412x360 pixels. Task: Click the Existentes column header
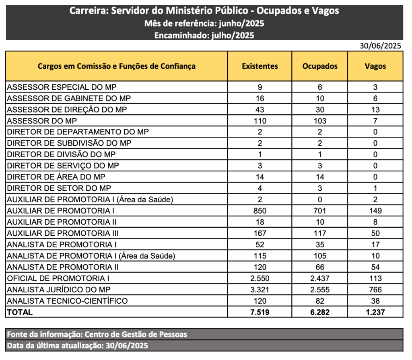(x=260, y=66)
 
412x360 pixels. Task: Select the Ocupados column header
(x=320, y=66)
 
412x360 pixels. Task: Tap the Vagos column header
(x=375, y=66)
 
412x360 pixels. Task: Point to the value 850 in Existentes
(x=260, y=210)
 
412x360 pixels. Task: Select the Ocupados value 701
(x=320, y=210)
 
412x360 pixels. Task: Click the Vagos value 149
(x=375, y=210)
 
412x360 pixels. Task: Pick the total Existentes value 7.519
(x=260, y=312)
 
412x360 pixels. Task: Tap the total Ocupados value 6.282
(x=320, y=312)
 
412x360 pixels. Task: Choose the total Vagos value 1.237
(x=375, y=312)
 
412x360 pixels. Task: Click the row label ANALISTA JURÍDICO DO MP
(x=59, y=290)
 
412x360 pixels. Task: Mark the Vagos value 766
(x=375, y=290)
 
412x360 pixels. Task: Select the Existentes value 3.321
(x=260, y=290)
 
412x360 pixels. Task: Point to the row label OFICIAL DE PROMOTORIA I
(x=58, y=278)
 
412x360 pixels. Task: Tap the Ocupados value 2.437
(x=320, y=278)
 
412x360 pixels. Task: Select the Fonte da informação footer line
(x=97, y=334)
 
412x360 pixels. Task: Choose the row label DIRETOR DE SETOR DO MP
(x=59, y=188)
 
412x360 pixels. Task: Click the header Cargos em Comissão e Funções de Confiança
(x=117, y=66)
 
